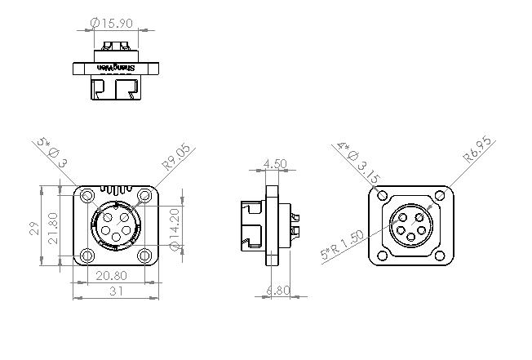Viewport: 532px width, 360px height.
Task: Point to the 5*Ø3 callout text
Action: [51, 153]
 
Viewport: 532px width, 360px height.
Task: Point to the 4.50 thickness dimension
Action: [276, 164]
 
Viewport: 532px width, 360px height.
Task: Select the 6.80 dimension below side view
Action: [277, 290]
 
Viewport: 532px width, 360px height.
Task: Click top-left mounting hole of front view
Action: [86, 196]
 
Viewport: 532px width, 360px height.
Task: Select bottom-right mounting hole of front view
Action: [145, 256]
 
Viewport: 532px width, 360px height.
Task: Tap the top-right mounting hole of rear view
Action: [441, 196]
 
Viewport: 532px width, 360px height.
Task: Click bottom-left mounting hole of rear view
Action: [381, 256]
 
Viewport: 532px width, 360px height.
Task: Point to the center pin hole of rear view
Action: [410, 226]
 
